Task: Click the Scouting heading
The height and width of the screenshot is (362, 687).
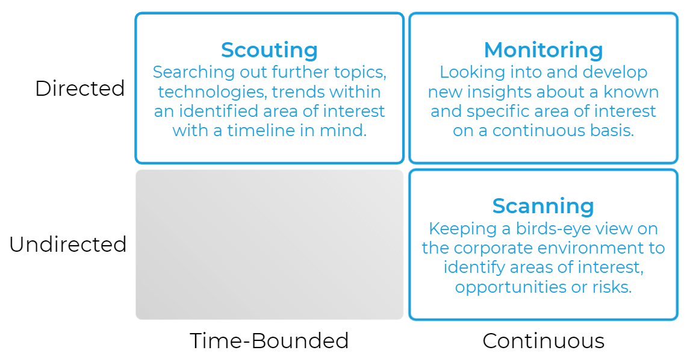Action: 269,51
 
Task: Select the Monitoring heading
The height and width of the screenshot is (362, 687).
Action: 543,51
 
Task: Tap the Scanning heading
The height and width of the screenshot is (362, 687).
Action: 543,206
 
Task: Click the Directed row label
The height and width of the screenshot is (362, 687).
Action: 80,88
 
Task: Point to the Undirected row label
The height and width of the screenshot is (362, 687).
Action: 68,244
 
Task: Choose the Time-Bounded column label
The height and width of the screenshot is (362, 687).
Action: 269,340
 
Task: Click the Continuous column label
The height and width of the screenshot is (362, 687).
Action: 543,340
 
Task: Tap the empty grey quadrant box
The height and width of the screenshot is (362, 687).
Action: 269,245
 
